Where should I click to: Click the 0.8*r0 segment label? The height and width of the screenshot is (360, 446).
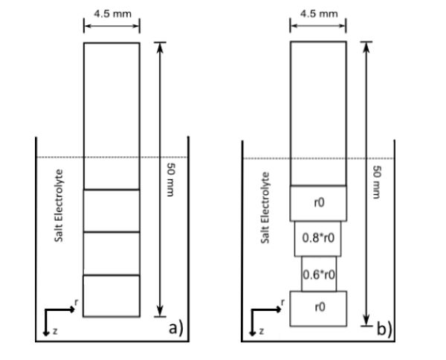pyautogui.click(x=318, y=239)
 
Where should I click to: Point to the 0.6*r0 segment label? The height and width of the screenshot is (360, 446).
pyautogui.click(x=318, y=274)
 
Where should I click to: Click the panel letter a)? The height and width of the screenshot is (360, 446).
pyautogui.click(x=175, y=327)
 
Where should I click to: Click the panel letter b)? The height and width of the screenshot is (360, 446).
pyautogui.click(x=383, y=327)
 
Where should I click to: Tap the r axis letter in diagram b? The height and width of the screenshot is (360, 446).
pyautogui.click(x=282, y=303)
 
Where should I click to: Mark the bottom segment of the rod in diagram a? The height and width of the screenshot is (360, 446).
pyautogui.click(x=111, y=296)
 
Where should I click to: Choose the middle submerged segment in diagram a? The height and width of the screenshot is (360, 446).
pyautogui.click(x=111, y=254)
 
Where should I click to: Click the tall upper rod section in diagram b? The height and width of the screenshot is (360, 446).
pyautogui.click(x=318, y=112)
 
